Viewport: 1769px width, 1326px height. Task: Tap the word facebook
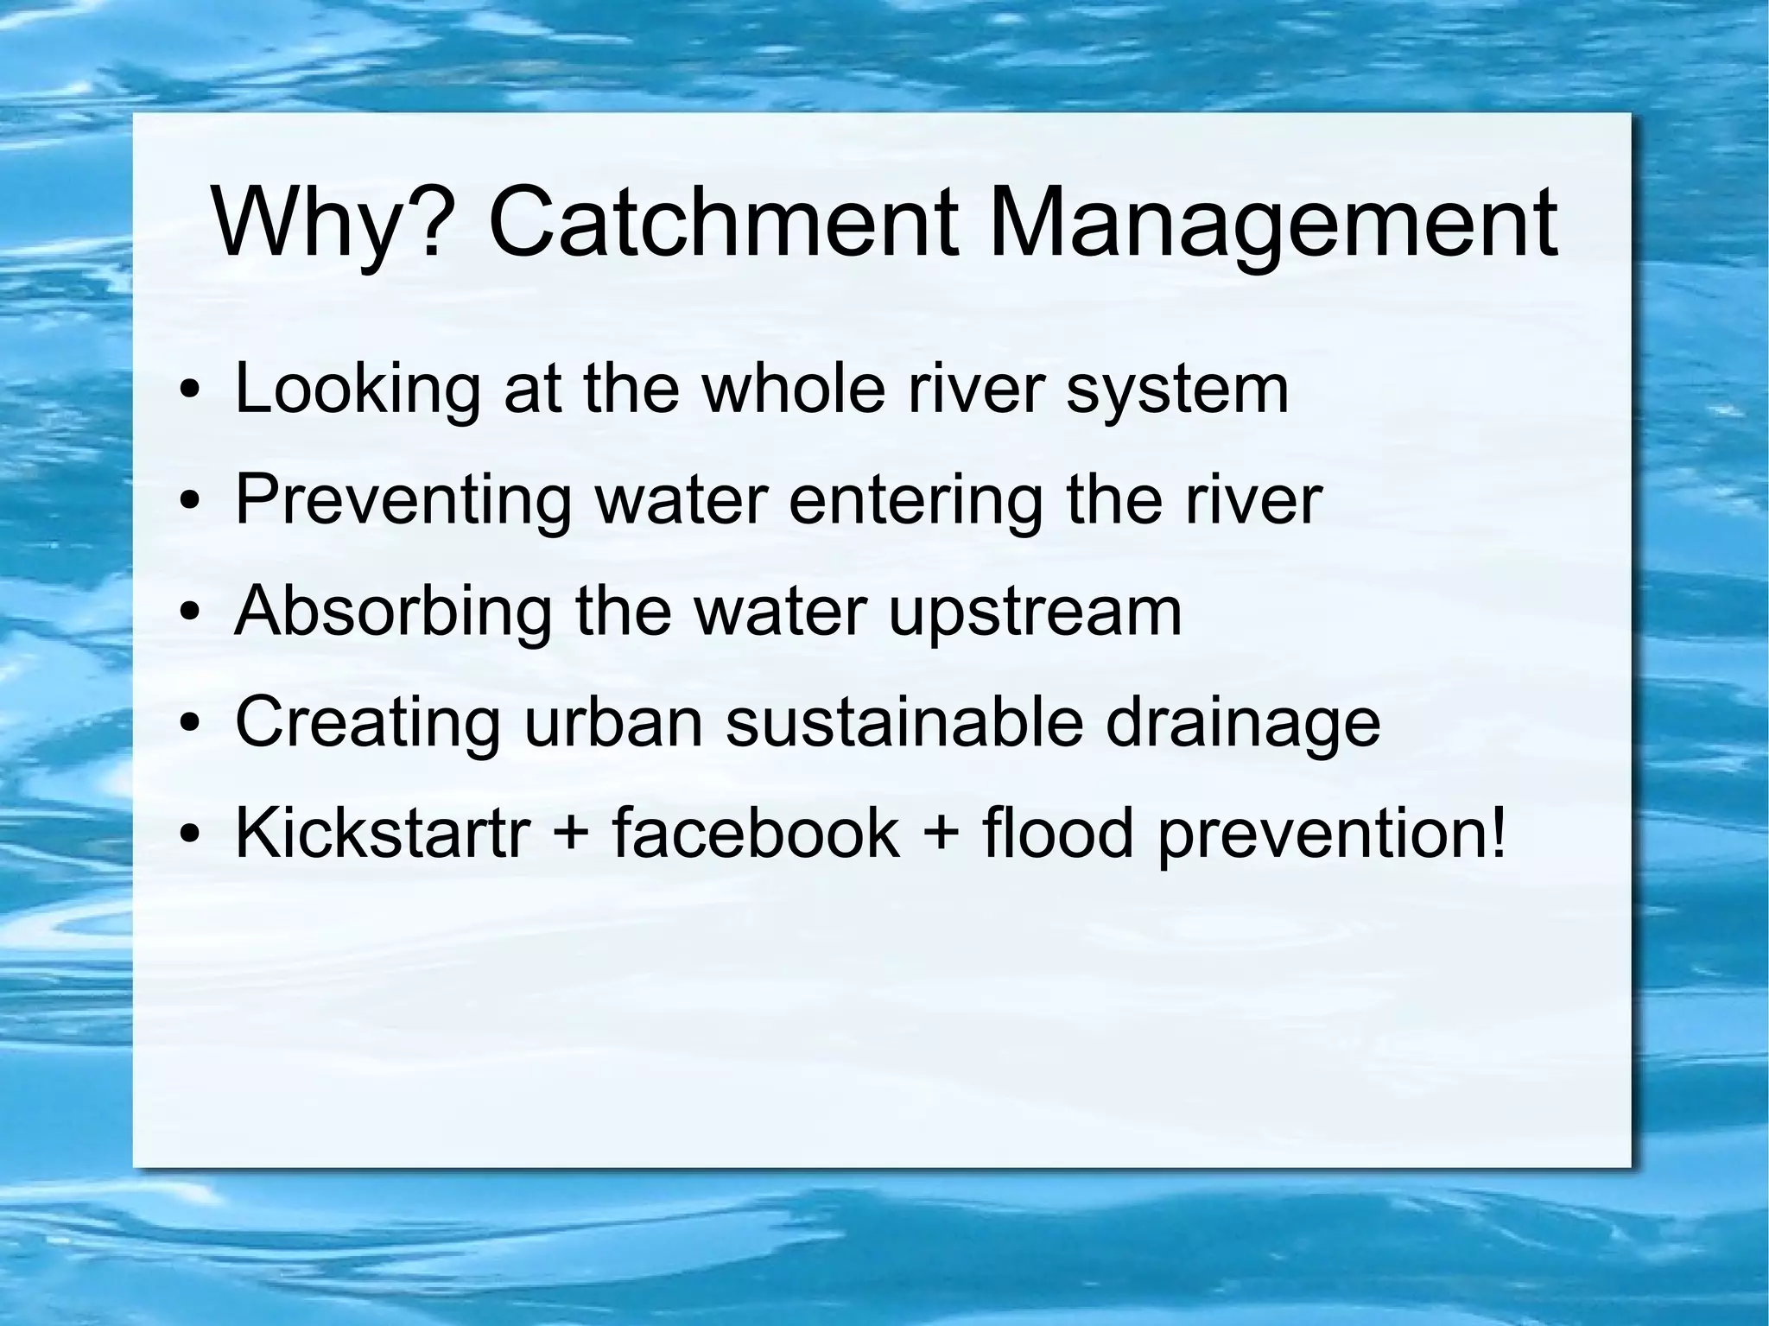(755, 834)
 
